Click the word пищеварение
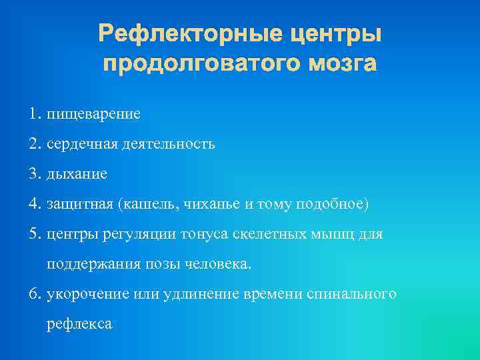click(x=93, y=114)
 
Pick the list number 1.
click(x=35, y=113)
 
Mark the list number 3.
click(x=35, y=174)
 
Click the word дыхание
click(x=77, y=175)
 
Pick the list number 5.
click(x=35, y=235)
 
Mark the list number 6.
click(x=35, y=294)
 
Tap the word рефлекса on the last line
click(x=79, y=325)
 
